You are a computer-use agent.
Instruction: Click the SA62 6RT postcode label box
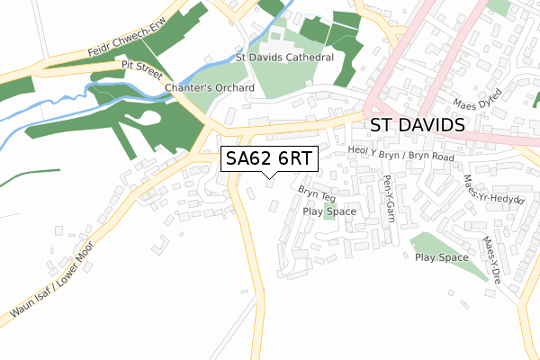tap(269, 158)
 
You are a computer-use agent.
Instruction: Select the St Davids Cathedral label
tap(284, 57)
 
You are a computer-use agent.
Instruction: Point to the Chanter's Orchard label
tap(210, 88)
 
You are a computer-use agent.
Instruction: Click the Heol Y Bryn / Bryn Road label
tap(400, 154)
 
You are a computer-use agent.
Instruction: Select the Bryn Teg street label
tap(316, 193)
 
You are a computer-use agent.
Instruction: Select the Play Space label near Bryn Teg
tap(329, 211)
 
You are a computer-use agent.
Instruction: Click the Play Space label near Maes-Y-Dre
tap(441, 257)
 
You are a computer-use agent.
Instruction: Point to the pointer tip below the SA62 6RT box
tap(270, 177)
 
